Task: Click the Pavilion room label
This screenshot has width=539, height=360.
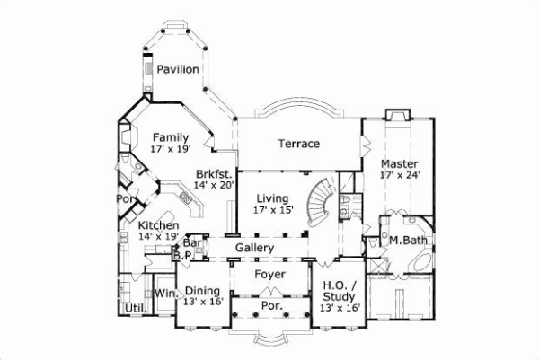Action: click(x=178, y=69)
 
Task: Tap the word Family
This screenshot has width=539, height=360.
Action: click(x=169, y=137)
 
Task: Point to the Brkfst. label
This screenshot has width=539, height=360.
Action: click(x=216, y=173)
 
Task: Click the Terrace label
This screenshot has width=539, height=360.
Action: click(x=298, y=144)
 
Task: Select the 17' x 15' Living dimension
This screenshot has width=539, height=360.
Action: click(x=272, y=211)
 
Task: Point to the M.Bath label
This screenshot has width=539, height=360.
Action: click(x=406, y=240)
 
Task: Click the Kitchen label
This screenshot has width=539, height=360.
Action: click(x=158, y=224)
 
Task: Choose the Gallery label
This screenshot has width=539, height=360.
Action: click(x=254, y=247)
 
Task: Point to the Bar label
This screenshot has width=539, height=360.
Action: click(x=190, y=242)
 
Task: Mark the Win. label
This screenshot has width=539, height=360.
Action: click(x=163, y=293)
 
